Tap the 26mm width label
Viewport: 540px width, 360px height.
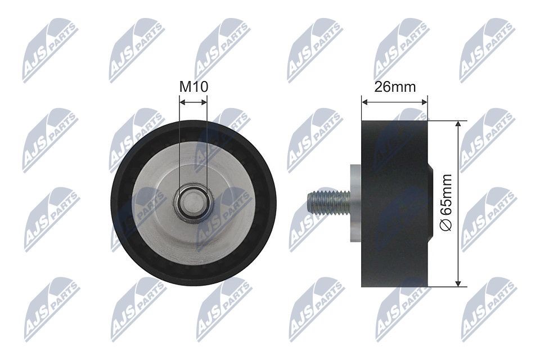395,87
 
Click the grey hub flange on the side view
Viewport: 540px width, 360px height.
354,202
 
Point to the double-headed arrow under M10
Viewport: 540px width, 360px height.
193,102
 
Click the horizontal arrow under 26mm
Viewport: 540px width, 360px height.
395,102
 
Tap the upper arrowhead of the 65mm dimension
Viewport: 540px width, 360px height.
460,124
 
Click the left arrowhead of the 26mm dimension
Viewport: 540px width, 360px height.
364,102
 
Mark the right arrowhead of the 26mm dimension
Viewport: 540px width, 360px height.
425,102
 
